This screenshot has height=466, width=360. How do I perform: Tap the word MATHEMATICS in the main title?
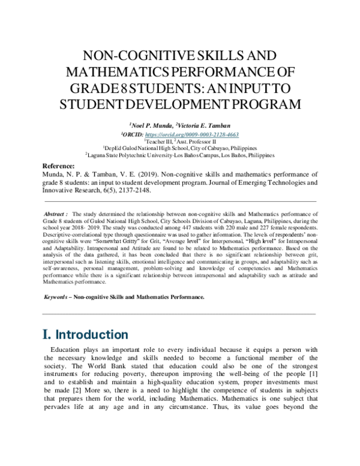(x=128, y=72)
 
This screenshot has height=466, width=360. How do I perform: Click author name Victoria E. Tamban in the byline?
(x=203, y=126)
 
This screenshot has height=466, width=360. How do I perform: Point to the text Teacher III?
(x=157, y=142)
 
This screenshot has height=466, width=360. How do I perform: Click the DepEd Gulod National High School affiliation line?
(x=179, y=149)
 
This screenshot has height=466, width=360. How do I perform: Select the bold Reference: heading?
(x=59, y=166)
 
